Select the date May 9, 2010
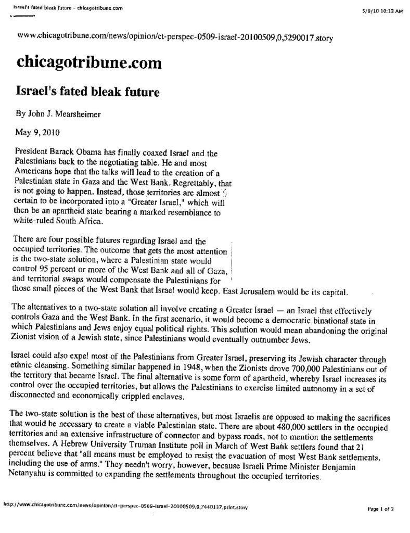click(x=36, y=132)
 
